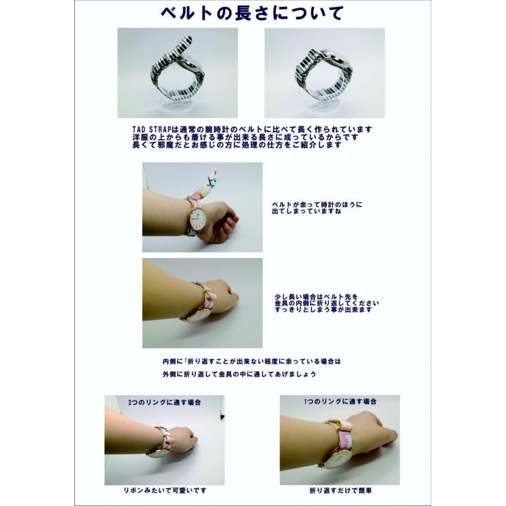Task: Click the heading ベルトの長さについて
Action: [251, 13]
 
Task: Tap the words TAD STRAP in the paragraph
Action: [148, 129]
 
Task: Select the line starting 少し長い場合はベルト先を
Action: [311, 296]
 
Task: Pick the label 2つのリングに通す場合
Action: [165, 403]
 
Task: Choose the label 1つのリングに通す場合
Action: [340, 402]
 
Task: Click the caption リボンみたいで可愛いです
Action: [165, 490]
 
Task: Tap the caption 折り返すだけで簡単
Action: [340, 490]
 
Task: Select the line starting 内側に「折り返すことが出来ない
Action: [251, 362]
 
